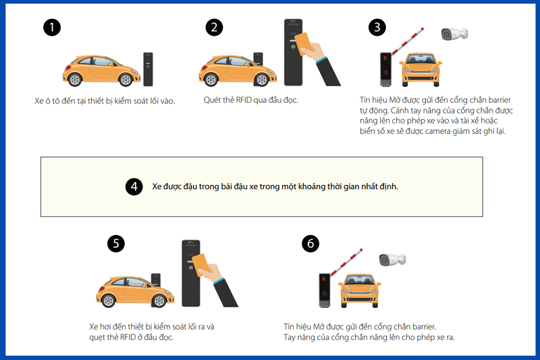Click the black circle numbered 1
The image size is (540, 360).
tap(52, 27)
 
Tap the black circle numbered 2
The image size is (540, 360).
tap(214, 27)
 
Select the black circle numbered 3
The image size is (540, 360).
tap(377, 27)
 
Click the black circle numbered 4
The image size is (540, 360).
tap(134, 186)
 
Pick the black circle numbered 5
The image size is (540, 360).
tap(116, 244)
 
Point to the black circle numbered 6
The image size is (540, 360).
tap(310, 244)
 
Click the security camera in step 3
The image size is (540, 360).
tap(454, 34)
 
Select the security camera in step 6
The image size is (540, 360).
tap(393, 259)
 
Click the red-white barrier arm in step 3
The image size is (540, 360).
tap(408, 41)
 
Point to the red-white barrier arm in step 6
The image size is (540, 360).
tap(346, 262)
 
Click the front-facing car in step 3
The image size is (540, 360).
tap(421, 70)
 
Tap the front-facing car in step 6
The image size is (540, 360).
tap(360, 290)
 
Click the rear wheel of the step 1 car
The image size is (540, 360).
tap(74, 80)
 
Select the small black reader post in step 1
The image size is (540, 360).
tap(148, 70)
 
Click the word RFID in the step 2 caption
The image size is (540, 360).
tap(244, 100)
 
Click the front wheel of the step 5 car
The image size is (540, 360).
tap(159, 301)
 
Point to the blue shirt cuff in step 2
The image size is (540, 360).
tap(321, 59)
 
